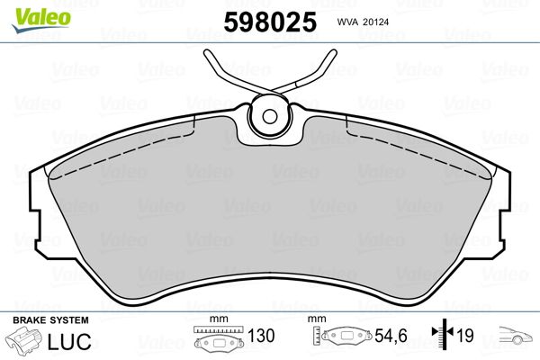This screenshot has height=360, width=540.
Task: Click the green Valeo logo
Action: [41, 20]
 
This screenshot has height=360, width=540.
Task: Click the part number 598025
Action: [270, 22]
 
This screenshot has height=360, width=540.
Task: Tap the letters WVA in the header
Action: [347, 22]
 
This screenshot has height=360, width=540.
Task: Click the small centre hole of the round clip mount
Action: [270, 116]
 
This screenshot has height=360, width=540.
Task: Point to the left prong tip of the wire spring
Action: [207, 53]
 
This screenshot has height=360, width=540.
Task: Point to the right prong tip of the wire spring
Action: [333, 53]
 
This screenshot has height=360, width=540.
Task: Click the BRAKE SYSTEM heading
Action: [50, 320]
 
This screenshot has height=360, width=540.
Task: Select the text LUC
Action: [69, 341]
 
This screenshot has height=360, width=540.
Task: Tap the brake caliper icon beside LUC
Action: [23, 340]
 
